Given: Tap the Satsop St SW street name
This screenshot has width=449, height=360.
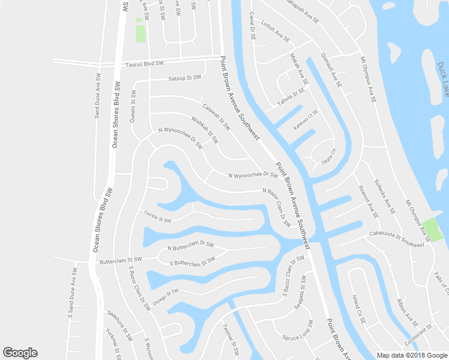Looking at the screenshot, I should coord(184,78).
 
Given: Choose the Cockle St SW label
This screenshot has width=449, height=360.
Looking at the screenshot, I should coord(158,216).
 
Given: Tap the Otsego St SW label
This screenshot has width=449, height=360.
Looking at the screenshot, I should coord(165,296).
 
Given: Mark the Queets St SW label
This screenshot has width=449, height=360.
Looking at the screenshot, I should coord(133,107).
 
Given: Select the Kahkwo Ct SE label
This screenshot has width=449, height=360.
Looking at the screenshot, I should coord(306,120).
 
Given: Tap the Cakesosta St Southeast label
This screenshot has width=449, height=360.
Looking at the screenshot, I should coord(397,239).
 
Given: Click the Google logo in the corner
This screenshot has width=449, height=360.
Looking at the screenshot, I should coord(20,353).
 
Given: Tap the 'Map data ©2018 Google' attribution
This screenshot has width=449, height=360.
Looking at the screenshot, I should coord(411,355).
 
